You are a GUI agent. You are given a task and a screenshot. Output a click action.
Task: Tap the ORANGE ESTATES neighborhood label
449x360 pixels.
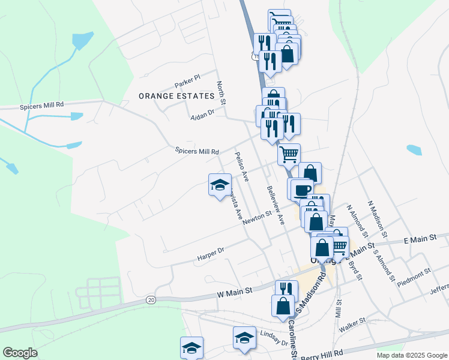click(x=176, y=96)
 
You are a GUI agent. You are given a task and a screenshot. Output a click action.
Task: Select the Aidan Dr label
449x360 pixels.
click(x=202, y=113)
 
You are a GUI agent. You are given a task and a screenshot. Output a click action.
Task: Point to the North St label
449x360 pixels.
click(x=221, y=94)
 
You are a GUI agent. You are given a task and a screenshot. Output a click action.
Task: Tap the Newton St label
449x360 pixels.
click(x=258, y=217)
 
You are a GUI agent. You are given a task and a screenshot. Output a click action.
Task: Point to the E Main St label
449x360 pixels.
click(x=420, y=239)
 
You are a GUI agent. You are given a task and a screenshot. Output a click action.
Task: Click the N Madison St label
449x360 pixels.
click(x=378, y=218)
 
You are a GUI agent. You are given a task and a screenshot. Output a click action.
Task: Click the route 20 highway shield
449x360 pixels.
click(x=151, y=299)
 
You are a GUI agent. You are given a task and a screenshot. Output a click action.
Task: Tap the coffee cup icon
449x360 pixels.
click(x=301, y=189)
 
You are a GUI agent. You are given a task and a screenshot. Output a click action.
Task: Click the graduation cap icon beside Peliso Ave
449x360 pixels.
click(x=220, y=184)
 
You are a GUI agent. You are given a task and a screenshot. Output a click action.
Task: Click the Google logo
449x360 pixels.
click(x=20, y=353)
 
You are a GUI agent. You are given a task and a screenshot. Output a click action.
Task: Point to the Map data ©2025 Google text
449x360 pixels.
click(x=411, y=355)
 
